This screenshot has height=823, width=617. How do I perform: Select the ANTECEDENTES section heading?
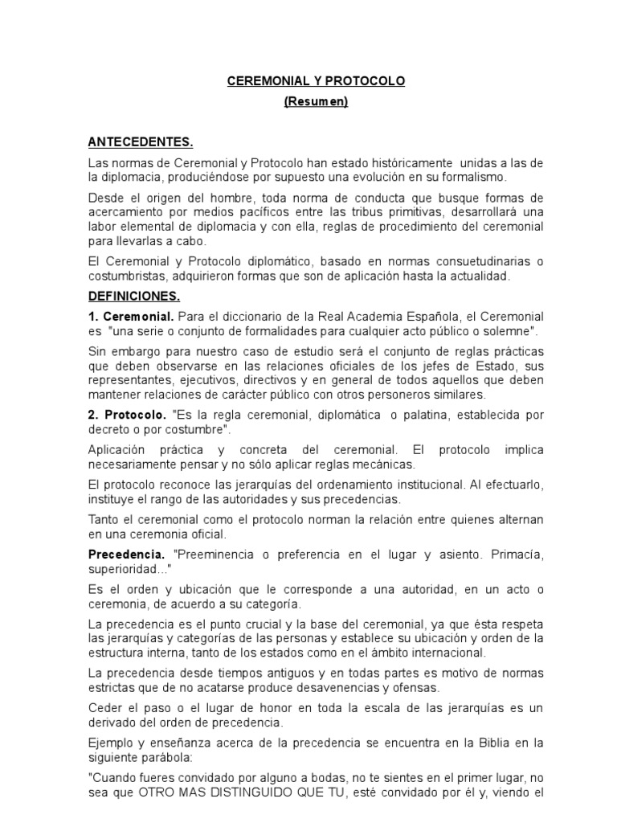(x=141, y=143)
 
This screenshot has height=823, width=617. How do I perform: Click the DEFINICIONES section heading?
(x=134, y=296)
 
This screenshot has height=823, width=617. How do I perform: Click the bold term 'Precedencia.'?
(x=125, y=555)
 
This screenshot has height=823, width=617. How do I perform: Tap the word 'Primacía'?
(x=516, y=555)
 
